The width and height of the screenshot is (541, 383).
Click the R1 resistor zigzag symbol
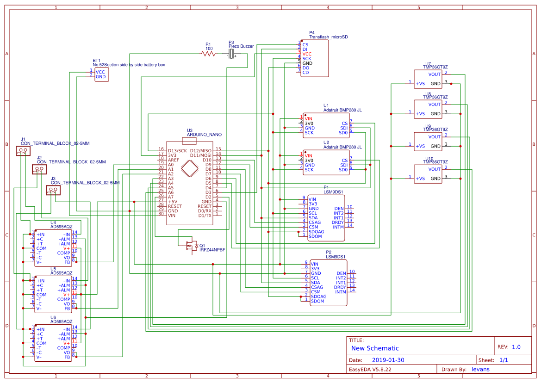pyautogui.click(x=209, y=54)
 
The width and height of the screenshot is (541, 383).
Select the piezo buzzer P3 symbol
pyautogui.click(x=233, y=55)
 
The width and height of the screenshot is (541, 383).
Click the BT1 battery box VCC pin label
pyautogui.click(x=100, y=72)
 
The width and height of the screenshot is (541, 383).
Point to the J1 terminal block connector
pyautogui.click(x=23, y=151)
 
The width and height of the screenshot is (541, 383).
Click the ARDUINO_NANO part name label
pyautogui.click(x=204, y=135)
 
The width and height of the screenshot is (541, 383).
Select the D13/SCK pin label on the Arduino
pyautogui.click(x=177, y=151)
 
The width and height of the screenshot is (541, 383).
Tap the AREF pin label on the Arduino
pyautogui.click(x=174, y=160)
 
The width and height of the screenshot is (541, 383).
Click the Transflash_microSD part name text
pyautogui.click(x=329, y=37)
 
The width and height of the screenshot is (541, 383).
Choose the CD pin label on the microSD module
pyautogui.click(x=305, y=73)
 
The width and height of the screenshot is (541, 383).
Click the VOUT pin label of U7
pyautogui.click(x=435, y=74)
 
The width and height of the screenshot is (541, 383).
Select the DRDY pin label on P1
pyautogui.click(x=338, y=222)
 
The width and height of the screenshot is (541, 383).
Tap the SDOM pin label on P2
pyautogui.click(x=317, y=301)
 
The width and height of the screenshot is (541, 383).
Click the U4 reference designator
pyautogui.click(x=53, y=222)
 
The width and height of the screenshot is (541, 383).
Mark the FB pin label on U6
pyautogui.click(x=67, y=357)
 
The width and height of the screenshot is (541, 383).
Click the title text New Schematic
pyautogui.click(x=375, y=348)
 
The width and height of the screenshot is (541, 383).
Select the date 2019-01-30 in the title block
pyautogui.click(x=388, y=360)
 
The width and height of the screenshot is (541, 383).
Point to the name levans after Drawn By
pyautogui.click(x=480, y=369)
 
